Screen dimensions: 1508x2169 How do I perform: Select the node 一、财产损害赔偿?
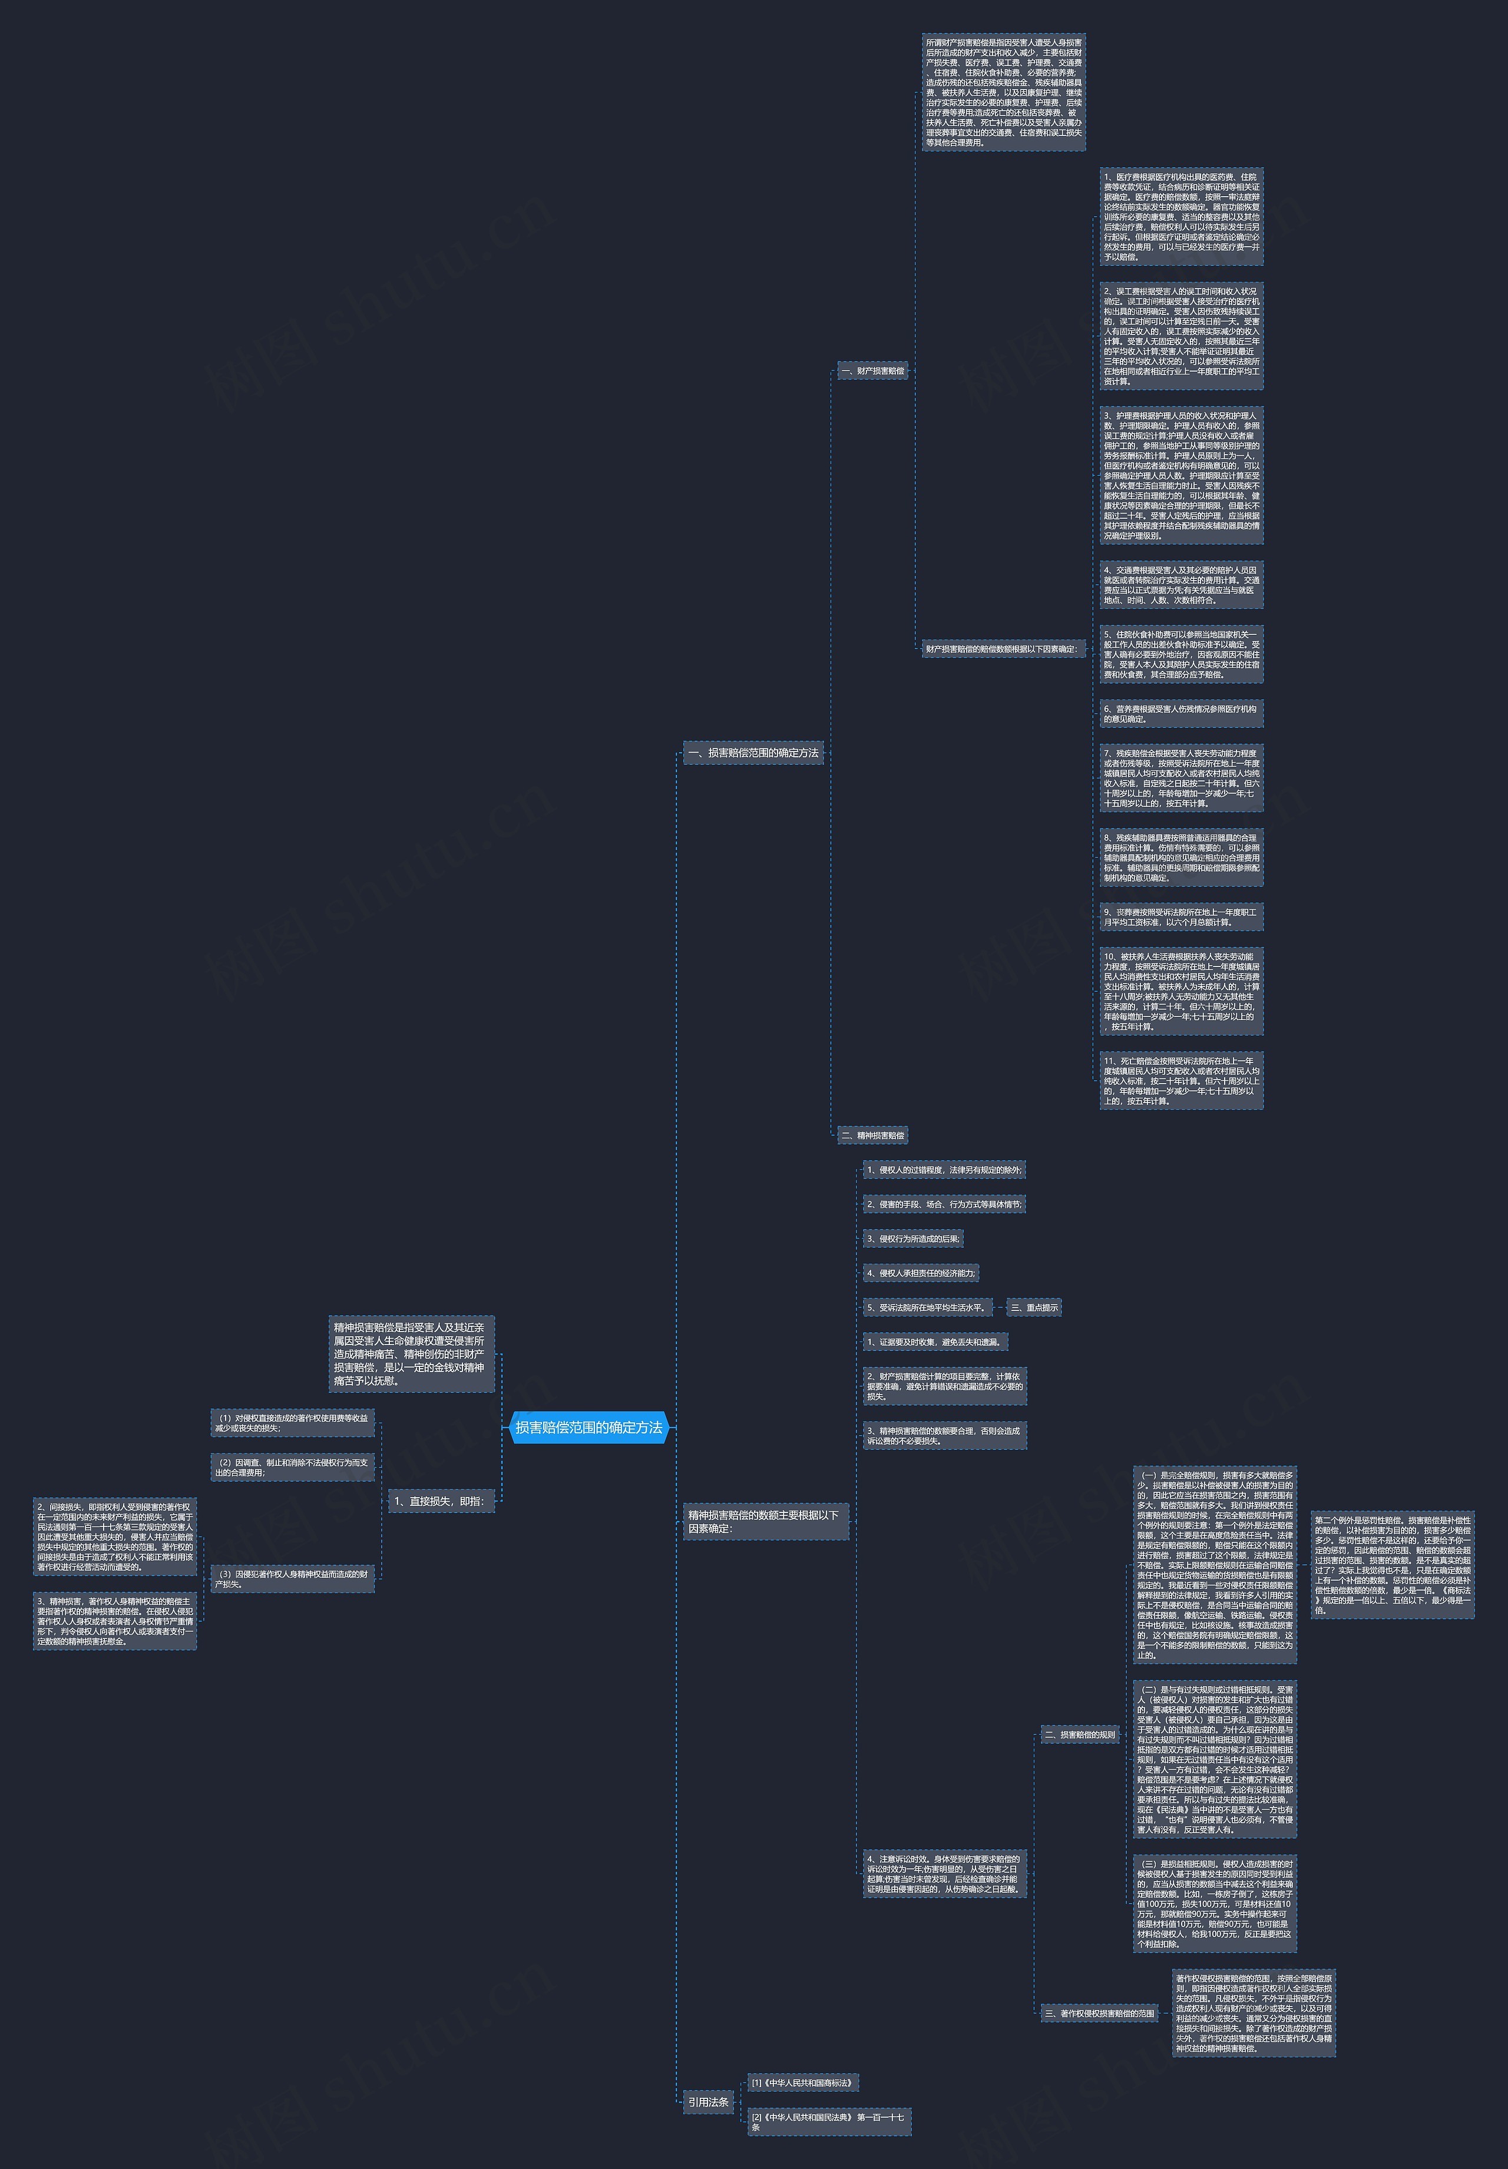872,371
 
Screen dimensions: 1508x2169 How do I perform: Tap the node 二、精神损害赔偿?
872,1135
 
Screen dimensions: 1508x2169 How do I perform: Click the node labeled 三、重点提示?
1034,1307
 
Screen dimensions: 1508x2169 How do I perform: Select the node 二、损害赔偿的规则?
1080,1734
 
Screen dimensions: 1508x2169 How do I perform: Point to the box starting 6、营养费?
1181,713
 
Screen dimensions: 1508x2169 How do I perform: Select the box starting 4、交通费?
1181,585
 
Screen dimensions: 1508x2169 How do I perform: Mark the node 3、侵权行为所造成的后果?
912,1239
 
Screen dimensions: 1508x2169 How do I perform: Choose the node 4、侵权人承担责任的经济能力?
920,1273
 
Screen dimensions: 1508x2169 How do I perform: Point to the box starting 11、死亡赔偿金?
1181,1081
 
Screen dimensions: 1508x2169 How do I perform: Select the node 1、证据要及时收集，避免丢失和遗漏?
934,1342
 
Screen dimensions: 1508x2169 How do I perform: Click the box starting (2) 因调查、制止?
292,1467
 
